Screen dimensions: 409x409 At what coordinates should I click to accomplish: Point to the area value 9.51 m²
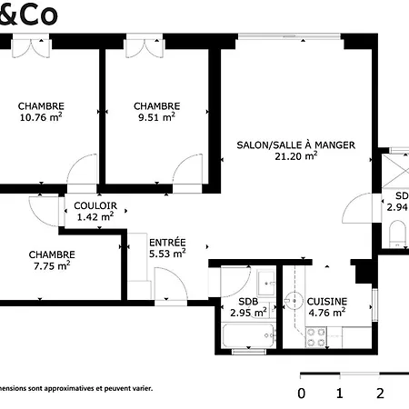pos(156,116)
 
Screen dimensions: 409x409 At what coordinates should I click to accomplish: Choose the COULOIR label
pos(95,205)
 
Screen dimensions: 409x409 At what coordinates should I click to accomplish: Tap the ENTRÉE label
pos(167,243)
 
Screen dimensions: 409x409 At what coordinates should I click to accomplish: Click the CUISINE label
pos(325,301)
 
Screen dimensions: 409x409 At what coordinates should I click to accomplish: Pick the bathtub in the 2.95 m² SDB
pos(245,337)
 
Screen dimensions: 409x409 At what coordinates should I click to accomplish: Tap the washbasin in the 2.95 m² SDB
pos(264,280)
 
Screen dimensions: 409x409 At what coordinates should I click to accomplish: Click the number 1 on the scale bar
pos(339,394)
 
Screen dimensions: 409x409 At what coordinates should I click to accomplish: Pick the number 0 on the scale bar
pos(302,394)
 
